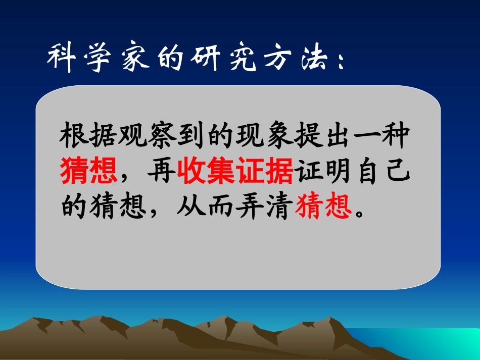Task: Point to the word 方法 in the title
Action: click(x=292, y=58)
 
